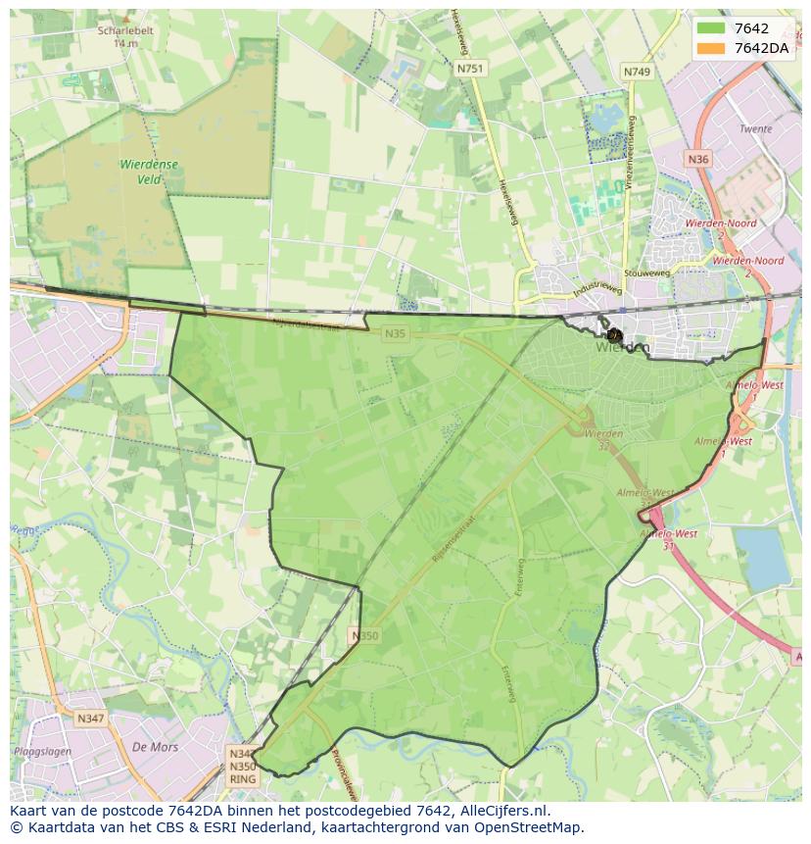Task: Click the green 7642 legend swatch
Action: point(711,29)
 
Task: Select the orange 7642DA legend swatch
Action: point(711,48)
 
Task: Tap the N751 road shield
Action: point(470,69)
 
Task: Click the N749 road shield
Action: point(637,72)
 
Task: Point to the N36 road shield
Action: point(697,159)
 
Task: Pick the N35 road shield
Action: point(395,334)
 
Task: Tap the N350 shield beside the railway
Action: point(363,636)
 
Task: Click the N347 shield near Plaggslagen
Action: point(89,719)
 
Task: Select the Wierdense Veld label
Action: point(149,172)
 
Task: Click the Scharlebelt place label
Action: point(124,30)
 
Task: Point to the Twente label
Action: point(755,129)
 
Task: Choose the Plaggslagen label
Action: point(41,751)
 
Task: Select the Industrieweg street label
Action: point(599,289)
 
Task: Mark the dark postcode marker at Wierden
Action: point(615,335)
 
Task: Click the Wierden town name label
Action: point(622,347)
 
